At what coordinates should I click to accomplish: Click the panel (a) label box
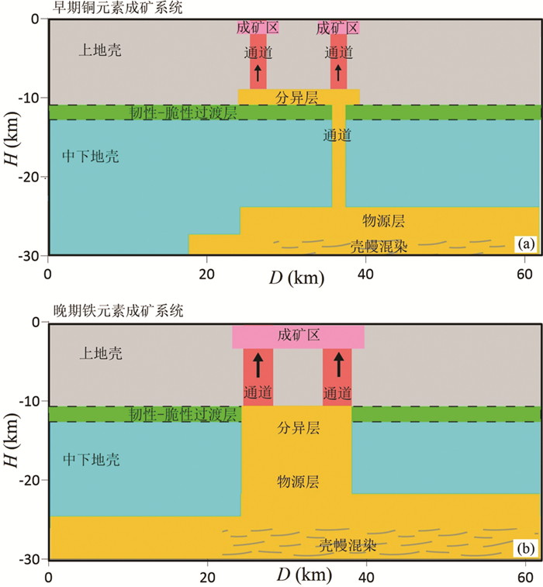coord(525,245)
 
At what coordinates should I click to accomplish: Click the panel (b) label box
coord(525,550)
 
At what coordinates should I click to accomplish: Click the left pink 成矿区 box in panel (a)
coord(258,28)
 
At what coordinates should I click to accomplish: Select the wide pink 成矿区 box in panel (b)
coord(298,337)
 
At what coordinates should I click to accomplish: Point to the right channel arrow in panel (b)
coord(337,364)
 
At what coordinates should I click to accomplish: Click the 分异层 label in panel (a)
coord(298,97)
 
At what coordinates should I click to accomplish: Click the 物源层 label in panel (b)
coord(298,482)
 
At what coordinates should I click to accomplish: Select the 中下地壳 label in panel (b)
coord(91,460)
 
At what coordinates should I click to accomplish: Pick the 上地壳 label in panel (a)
coord(101,51)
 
